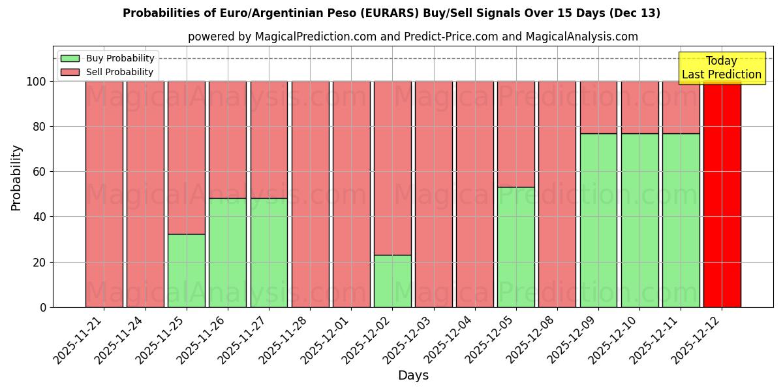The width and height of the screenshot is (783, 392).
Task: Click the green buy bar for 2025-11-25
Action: click(x=186, y=270)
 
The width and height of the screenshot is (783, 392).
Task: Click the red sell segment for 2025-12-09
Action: click(x=598, y=107)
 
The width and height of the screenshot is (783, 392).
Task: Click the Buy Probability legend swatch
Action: click(x=70, y=58)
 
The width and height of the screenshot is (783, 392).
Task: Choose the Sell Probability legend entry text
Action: click(x=119, y=72)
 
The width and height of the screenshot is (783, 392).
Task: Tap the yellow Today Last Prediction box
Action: click(x=722, y=68)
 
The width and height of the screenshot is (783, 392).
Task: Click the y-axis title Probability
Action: click(x=16, y=177)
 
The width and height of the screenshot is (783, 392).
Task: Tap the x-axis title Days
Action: click(x=413, y=376)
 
